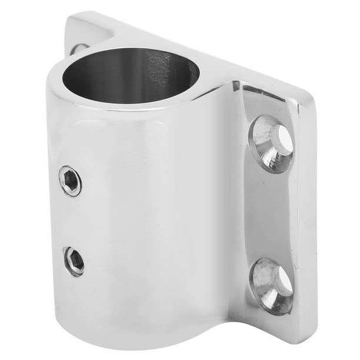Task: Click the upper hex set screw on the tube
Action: point(71,181)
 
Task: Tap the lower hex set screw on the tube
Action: point(74,261)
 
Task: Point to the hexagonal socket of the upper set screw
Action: point(71,181)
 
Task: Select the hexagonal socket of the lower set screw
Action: point(74,261)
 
